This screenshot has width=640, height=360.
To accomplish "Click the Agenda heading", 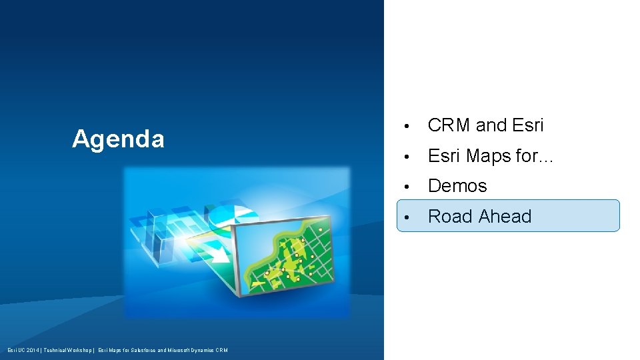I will point(118,139).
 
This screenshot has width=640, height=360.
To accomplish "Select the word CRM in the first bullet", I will point(449,125).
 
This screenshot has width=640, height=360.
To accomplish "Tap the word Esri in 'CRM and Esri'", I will point(528,125).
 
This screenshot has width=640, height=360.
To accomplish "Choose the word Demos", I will point(457,186).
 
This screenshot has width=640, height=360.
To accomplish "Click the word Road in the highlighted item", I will point(450,217).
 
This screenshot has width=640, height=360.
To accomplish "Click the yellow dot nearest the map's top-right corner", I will point(320,229).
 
